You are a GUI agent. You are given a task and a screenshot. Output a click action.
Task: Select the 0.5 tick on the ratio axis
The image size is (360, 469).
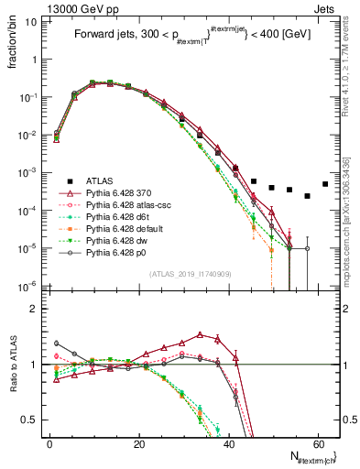pos(34,420)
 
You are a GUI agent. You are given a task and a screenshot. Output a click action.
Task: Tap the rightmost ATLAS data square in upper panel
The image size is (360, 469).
pos(325,183)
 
